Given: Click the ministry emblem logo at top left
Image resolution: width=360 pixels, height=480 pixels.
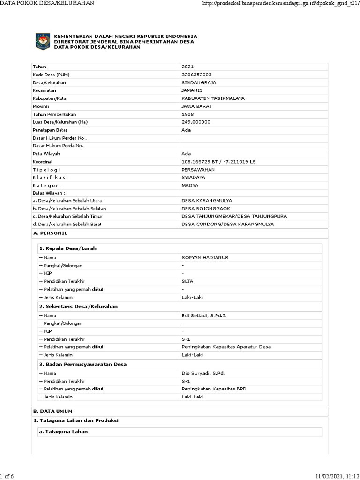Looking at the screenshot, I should pos(43,42).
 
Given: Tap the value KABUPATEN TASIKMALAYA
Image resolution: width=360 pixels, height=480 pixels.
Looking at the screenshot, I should pos(213,98).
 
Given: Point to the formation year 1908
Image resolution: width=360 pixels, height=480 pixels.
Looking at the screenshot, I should pos(187,114).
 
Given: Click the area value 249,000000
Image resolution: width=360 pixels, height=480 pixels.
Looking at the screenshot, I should pos(196,122).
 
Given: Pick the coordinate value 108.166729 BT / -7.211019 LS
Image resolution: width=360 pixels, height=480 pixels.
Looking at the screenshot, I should pos(218,161).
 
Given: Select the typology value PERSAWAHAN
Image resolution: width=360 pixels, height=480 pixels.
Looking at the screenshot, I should pos(199,169).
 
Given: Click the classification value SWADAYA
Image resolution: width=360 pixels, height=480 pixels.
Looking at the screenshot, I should pos(193,177).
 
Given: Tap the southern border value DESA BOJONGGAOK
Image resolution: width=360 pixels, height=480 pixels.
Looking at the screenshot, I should pos(206,208).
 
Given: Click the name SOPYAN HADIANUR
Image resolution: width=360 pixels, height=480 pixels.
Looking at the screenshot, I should pos(205,258).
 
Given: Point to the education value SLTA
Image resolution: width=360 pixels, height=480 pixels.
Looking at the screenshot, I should pos(187,281).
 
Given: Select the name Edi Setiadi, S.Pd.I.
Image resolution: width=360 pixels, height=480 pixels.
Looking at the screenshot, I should pos(203,315).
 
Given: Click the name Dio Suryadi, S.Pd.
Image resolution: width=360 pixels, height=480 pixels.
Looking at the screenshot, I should pos(203,373).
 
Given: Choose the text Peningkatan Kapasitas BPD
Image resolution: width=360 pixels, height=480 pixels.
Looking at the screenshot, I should pos(214,389).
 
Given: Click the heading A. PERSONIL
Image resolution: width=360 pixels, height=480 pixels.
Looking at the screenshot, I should pos(51,233).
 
